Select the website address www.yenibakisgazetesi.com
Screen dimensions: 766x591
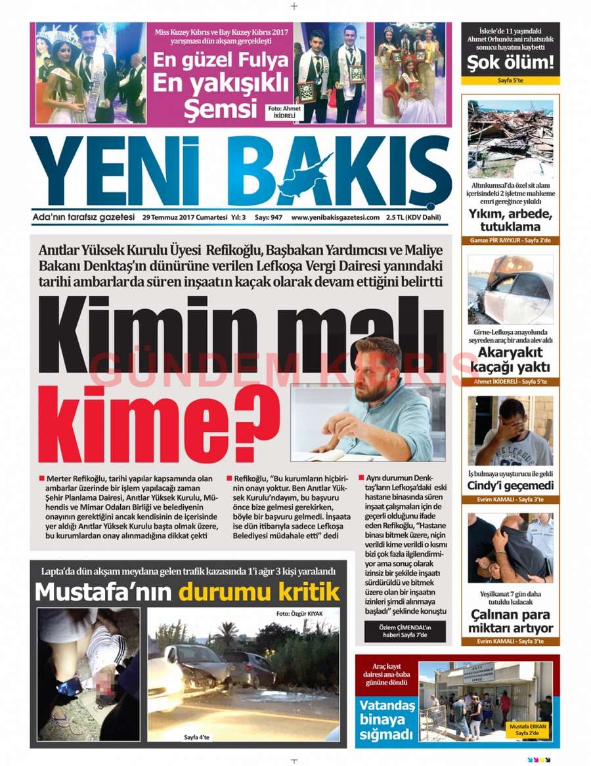tap(336, 218)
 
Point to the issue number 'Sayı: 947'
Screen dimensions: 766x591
tap(267, 218)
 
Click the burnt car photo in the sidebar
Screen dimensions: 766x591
tap(510, 289)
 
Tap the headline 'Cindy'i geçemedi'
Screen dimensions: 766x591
tap(511, 486)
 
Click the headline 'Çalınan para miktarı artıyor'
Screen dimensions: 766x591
tap(511, 622)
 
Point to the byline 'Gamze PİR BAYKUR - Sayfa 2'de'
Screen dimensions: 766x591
tap(510, 240)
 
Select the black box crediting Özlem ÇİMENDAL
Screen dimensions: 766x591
tap(405, 631)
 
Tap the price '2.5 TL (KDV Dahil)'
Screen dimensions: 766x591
tap(413, 218)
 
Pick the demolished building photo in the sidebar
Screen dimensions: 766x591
tap(510, 138)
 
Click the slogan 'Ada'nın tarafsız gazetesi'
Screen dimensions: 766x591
tap(83, 217)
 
